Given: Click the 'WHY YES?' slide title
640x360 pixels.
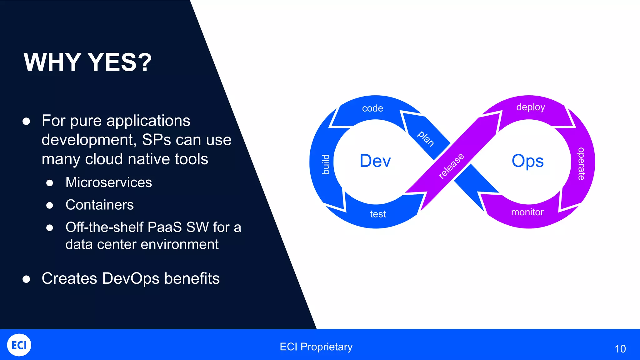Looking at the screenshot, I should tap(87, 62).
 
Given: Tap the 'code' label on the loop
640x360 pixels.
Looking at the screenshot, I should tap(372, 108).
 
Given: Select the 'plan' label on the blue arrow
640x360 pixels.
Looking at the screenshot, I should tap(426, 138).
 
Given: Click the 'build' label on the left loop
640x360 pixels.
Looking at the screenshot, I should tap(326, 164).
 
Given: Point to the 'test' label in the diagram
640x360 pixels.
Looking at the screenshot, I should tap(378, 214).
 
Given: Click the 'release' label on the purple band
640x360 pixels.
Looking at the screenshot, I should tap(451, 166).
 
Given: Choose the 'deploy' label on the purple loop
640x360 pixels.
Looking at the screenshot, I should tap(530, 107).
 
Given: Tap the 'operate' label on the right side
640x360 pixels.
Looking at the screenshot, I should tap(581, 164).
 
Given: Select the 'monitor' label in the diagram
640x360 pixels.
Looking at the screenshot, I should tap(527, 212).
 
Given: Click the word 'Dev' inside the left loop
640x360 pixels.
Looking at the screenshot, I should tap(375, 161).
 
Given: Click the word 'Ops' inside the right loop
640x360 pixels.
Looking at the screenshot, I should tap(527, 161).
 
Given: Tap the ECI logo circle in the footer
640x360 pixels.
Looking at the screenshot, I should tap(19, 345).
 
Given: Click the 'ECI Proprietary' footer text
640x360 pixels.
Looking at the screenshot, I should tap(316, 347).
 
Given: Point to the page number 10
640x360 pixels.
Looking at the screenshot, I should tap(620, 349).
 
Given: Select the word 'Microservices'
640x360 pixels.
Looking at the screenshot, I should tap(109, 182).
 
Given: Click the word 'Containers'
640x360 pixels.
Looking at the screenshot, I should tap(100, 205).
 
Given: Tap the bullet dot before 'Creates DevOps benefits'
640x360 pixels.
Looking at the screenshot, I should tap(26, 279).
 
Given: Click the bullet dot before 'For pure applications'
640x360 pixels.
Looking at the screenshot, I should tap(26, 121).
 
